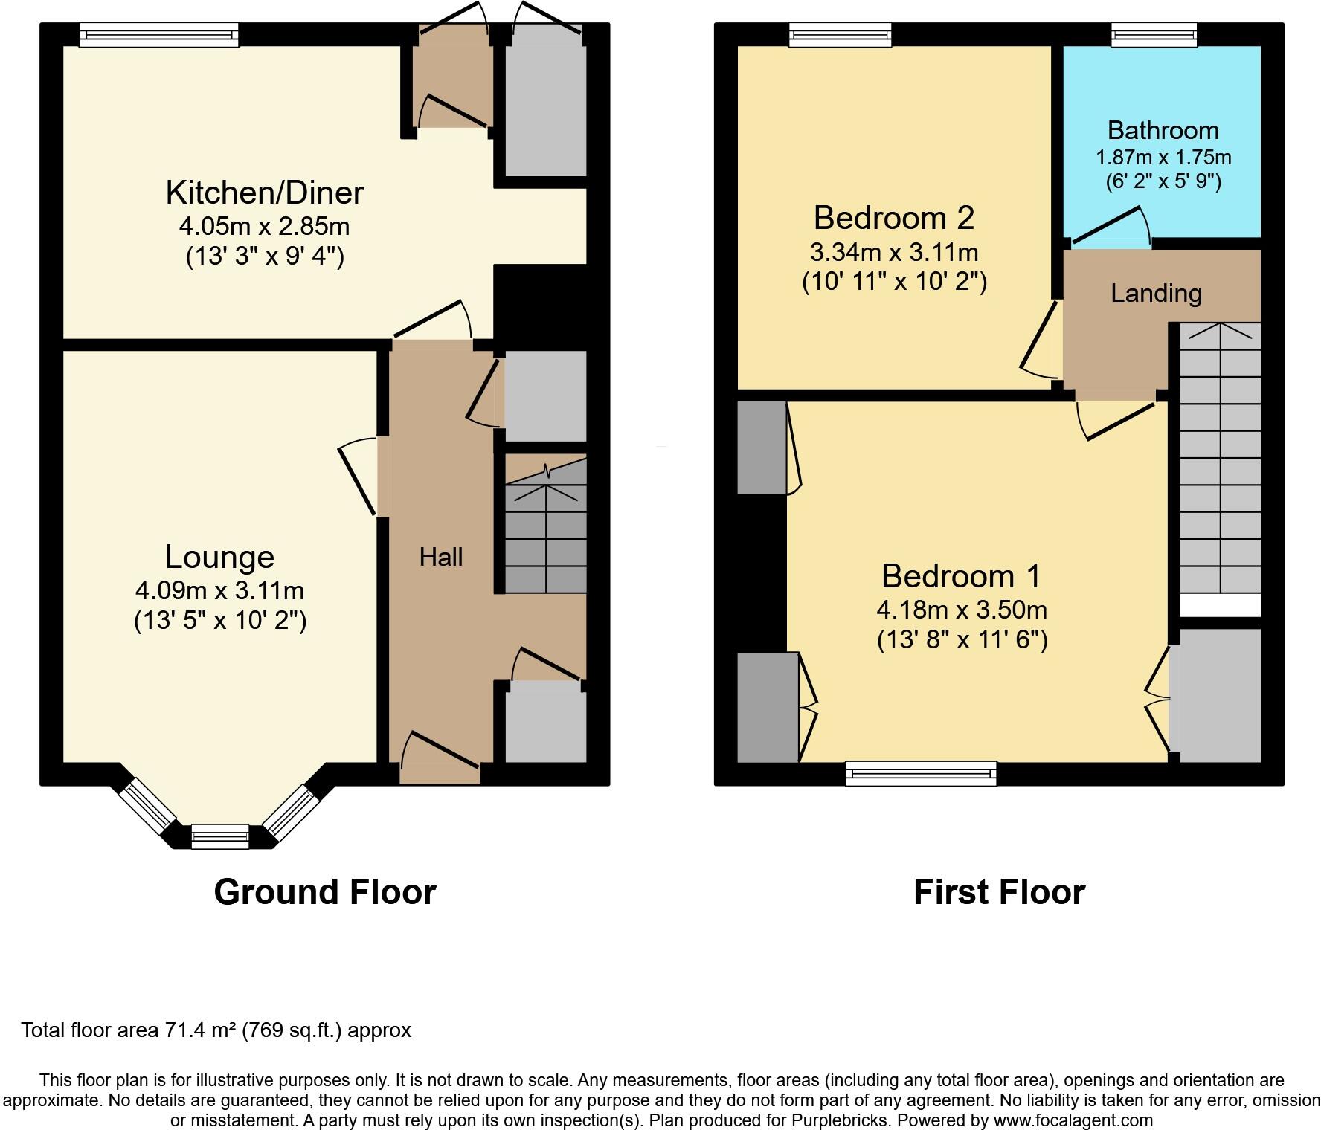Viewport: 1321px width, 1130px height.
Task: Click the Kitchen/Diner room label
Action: tap(264, 193)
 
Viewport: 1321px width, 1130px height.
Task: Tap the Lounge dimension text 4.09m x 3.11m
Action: tap(219, 591)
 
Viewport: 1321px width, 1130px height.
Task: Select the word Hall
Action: tap(441, 557)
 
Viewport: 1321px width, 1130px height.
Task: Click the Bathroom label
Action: tap(1163, 131)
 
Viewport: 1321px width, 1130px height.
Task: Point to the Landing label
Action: tap(1156, 294)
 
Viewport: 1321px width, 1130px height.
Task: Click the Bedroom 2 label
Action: tap(893, 218)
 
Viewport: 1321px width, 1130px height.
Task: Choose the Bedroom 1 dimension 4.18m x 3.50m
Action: tap(962, 610)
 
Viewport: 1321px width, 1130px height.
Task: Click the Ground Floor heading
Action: tap(325, 892)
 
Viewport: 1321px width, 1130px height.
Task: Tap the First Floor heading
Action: tap(999, 892)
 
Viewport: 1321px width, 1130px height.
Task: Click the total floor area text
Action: tap(216, 1030)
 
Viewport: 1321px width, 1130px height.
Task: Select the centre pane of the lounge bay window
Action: tap(220, 836)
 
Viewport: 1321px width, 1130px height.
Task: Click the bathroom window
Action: tap(1154, 35)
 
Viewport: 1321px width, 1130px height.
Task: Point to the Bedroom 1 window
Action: tap(921, 773)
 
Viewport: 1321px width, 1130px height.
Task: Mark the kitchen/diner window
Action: tap(159, 35)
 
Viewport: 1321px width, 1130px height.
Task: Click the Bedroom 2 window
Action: tap(840, 35)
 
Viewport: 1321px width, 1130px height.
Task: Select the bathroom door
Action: tap(1111, 226)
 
